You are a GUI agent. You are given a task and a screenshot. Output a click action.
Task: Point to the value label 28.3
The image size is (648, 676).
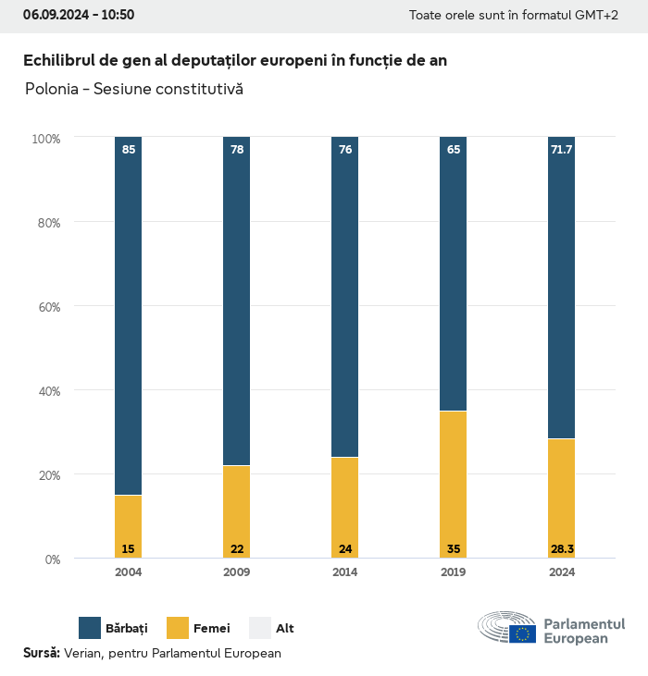(x=562, y=549)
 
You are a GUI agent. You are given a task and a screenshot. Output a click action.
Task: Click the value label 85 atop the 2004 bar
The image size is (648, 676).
(x=128, y=149)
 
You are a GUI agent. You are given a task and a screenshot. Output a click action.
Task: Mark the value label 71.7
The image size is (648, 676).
(x=562, y=149)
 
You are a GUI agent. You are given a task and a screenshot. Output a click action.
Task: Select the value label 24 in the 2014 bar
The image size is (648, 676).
(x=344, y=549)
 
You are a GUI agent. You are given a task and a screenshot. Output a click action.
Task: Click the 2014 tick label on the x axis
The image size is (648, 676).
(x=344, y=572)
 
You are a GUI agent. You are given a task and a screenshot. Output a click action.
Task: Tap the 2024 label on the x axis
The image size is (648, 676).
(x=562, y=572)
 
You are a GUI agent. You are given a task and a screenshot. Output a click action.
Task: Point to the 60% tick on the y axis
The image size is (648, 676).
(x=46, y=307)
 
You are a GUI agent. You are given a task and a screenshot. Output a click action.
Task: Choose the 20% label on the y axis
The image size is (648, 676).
(x=46, y=475)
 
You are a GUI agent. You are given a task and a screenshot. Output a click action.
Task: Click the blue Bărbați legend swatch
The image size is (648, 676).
(x=90, y=628)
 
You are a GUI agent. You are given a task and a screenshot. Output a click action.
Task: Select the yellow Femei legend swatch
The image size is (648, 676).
(x=178, y=628)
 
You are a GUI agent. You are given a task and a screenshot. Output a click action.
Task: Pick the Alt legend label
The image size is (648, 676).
(x=285, y=629)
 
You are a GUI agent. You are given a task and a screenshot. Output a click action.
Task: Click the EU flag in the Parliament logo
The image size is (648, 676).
(x=522, y=633)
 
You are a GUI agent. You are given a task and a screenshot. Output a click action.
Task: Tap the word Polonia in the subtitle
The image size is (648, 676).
(x=50, y=90)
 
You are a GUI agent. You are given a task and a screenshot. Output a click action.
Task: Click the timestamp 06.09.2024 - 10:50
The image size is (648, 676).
(x=79, y=15)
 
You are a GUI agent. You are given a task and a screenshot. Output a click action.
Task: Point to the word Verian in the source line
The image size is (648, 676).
(x=83, y=653)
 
